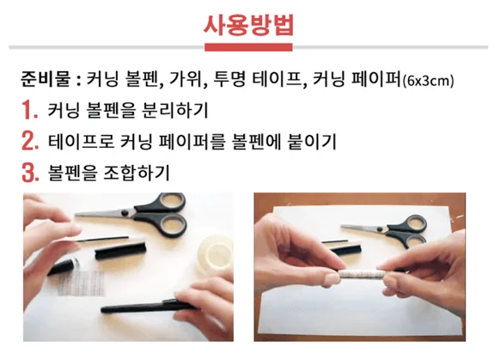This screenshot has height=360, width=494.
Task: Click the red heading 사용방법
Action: (x=248, y=25)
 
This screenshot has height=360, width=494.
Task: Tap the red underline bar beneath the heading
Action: (x=248, y=47)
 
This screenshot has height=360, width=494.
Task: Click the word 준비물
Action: (x=45, y=79)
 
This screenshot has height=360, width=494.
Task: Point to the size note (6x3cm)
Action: (x=428, y=81)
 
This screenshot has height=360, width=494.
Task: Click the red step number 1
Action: (x=29, y=110)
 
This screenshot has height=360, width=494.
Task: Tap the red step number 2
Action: (x=30, y=141)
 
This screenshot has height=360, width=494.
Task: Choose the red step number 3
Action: (x=30, y=173)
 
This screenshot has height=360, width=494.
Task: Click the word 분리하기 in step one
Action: (x=175, y=110)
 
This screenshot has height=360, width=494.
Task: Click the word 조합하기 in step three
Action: (x=137, y=173)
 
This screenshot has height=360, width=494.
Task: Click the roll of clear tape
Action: (x=215, y=253)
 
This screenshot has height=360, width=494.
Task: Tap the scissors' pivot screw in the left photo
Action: (x=125, y=212)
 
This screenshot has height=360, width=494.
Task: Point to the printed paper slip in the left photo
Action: (x=81, y=282)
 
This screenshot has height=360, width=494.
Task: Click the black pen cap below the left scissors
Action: (x=120, y=250)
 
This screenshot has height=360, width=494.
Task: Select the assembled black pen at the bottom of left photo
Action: (x=148, y=307)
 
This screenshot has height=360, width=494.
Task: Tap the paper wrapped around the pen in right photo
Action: (x=362, y=274)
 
